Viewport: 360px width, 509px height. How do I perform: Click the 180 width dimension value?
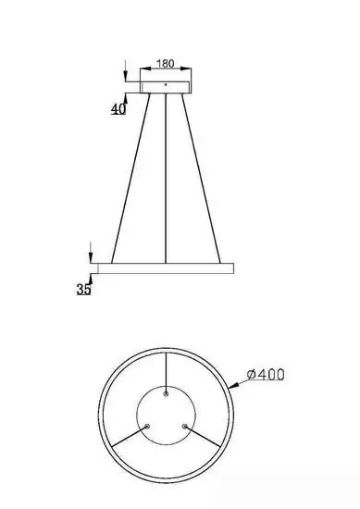[165, 65]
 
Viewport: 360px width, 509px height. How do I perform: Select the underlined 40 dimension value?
[118, 109]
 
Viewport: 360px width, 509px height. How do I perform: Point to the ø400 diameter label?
[266, 374]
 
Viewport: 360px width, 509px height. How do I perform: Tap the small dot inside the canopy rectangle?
[165, 84]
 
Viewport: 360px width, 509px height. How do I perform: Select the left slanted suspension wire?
[130, 176]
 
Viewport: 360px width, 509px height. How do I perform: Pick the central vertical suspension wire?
[165, 176]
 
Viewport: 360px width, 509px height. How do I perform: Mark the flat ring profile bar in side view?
[165, 268]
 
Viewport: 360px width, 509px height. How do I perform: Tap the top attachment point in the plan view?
[166, 392]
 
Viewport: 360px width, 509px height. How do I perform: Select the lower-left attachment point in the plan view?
[146, 427]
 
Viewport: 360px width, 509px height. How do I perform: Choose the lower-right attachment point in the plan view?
[185, 427]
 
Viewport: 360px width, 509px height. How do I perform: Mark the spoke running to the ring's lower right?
[204, 437]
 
